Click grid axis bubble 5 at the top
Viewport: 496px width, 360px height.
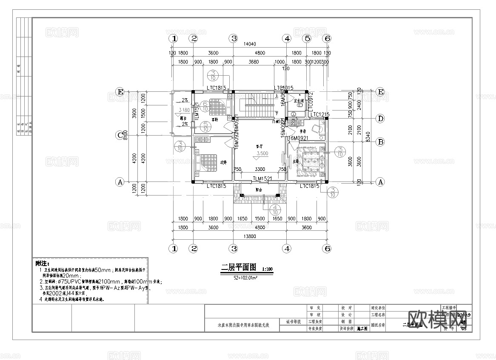point(307,38)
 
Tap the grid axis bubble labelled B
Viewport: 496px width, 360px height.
point(381,142)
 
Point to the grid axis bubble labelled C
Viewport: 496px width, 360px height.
point(120,136)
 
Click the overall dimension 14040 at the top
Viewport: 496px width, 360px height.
point(249,44)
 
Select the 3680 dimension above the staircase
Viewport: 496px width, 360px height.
point(253,62)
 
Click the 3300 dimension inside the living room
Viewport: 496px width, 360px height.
point(260,169)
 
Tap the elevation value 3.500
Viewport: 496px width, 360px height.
point(262,153)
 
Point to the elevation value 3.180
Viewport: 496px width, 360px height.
point(184,110)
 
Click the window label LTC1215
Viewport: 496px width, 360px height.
point(320,114)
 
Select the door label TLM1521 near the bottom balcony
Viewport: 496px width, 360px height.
point(262,179)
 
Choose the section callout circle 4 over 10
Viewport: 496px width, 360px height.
point(276,209)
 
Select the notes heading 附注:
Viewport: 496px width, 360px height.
point(43,264)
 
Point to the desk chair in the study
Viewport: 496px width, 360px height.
point(316,128)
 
